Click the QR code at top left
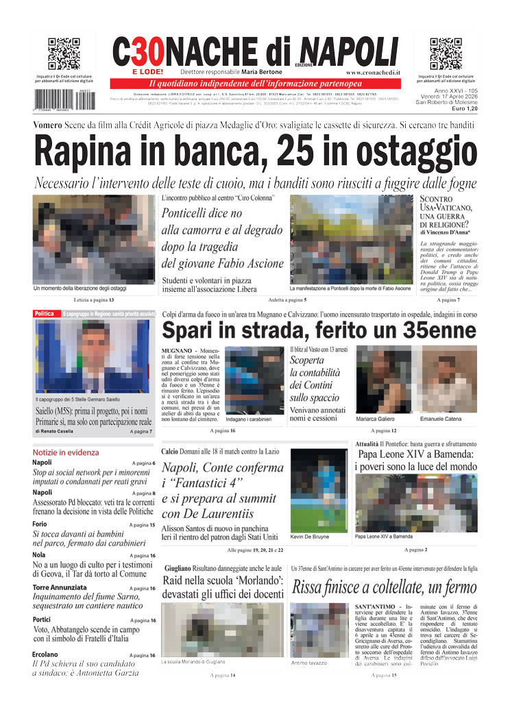pyautogui.click(x=64, y=54)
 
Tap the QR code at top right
pyautogui.click(x=446, y=54)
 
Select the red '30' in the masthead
pyautogui.click(x=145, y=52)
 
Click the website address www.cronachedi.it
pyautogui.click(x=373, y=72)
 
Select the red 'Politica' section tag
pyautogui.click(x=45, y=314)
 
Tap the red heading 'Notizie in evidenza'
pyautogui.click(x=66, y=452)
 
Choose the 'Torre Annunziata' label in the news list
pyautogui.click(x=60, y=588)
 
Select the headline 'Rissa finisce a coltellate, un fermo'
pyautogui.click(x=384, y=587)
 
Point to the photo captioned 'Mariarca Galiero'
pyautogui.click(x=382, y=379)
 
